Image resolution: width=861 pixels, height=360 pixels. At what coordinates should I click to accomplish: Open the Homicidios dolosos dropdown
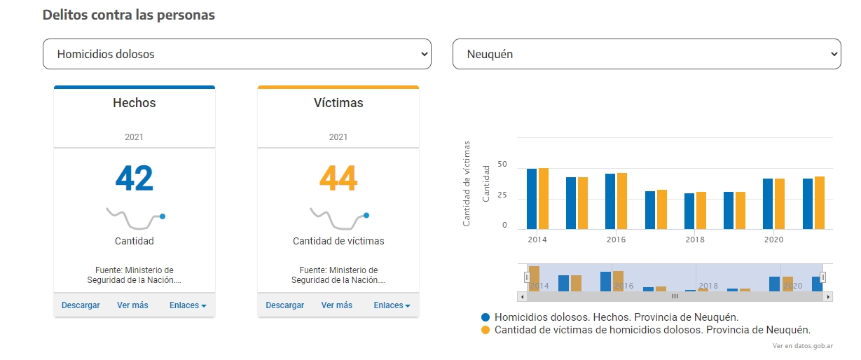[237, 54]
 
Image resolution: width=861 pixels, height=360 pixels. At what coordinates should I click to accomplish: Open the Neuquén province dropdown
[647, 54]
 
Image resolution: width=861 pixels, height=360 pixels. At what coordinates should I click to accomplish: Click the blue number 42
[134, 178]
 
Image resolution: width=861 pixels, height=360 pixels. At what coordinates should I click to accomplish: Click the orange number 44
[338, 178]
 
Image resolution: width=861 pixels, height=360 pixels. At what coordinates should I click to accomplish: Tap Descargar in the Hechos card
[81, 305]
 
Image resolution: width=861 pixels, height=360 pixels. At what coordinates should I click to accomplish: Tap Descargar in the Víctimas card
[284, 305]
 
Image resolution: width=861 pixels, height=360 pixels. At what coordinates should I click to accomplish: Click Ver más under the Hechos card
[132, 305]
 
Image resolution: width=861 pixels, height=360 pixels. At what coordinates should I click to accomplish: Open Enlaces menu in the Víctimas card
[392, 305]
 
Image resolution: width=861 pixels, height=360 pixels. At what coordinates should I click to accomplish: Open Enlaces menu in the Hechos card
[188, 305]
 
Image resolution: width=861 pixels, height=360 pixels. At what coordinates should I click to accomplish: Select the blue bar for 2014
[532, 199]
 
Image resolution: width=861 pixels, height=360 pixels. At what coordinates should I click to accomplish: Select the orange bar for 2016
[622, 201]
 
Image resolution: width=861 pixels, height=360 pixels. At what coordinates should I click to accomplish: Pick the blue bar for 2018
[689, 212]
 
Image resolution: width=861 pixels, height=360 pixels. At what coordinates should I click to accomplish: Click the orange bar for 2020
[780, 204]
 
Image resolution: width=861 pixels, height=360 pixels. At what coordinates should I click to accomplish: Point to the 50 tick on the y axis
[502, 164]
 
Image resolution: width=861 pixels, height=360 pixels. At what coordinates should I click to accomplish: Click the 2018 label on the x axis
[695, 240]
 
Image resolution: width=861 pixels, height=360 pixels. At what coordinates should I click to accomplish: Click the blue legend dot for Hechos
[485, 317]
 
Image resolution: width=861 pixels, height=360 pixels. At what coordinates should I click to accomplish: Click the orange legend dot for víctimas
[485, 330]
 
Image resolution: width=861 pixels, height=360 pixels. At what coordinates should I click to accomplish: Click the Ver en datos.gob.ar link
[803, 346]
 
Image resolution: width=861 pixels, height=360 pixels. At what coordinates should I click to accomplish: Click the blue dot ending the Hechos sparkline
[163, 216]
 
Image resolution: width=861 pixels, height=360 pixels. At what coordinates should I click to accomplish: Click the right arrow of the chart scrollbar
[828, 296]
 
